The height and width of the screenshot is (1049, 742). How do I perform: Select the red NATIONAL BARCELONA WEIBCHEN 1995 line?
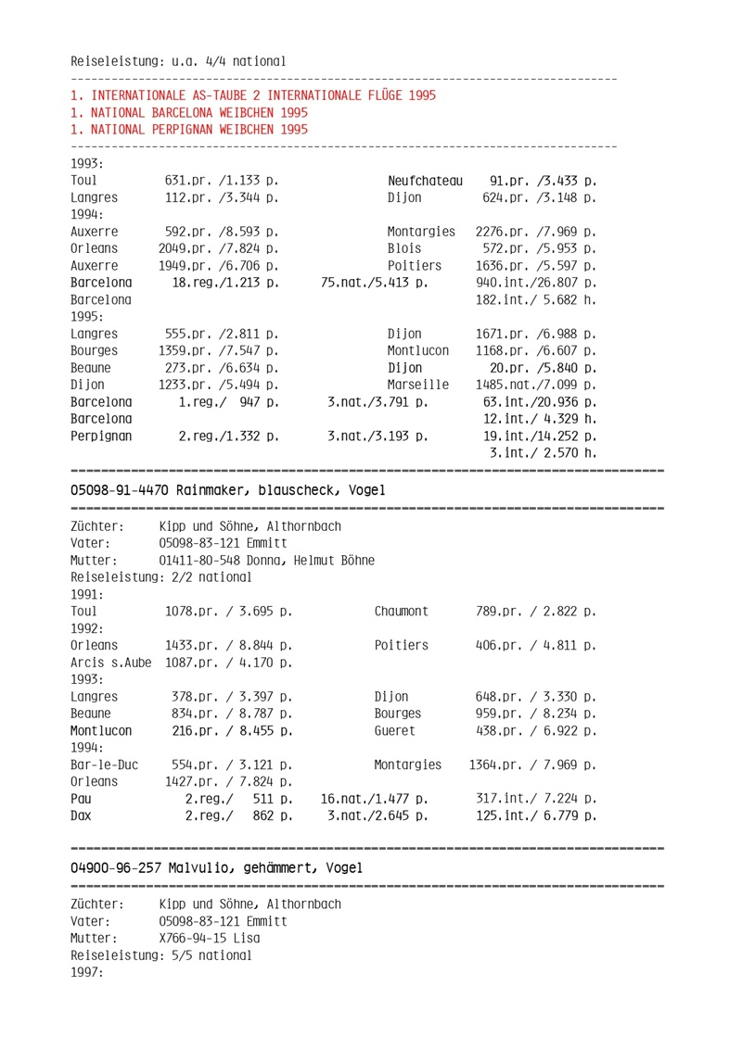[189, 112]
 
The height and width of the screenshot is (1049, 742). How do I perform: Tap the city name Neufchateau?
[425, 181]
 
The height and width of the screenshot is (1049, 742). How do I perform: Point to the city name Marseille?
[418, 385]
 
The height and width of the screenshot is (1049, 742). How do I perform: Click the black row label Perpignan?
[101, 436]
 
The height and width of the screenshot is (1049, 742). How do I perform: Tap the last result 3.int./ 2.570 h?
[543, 452]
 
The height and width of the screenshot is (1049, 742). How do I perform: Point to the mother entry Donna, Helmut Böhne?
[266, 561]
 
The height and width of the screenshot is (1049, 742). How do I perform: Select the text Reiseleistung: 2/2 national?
[160, 577]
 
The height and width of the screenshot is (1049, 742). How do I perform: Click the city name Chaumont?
[402, 613]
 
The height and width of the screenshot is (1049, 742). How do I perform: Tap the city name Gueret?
[395, 730]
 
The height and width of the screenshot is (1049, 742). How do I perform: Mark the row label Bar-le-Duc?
[104, 765]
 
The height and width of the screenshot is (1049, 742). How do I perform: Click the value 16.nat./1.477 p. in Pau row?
[374, 799]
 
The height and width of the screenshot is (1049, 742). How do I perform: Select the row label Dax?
[82, 815]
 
